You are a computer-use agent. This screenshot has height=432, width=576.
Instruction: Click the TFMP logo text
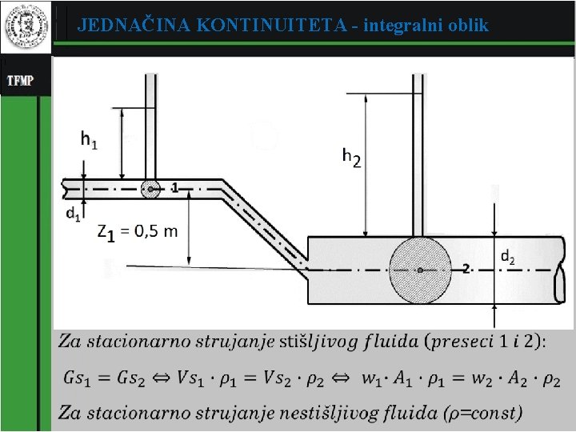[x=20, y=80]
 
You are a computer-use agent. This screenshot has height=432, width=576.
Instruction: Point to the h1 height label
[x=89, y=141]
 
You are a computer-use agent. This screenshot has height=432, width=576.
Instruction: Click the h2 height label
[x=351, y=157]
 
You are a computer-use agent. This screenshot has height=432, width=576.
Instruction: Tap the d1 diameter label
[x=73, y=214]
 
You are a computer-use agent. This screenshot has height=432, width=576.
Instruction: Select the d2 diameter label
[x=508, y=257]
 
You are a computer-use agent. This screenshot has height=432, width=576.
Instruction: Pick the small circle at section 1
[x=150, y=189]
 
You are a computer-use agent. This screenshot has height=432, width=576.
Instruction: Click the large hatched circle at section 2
[x=420, y=270]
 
